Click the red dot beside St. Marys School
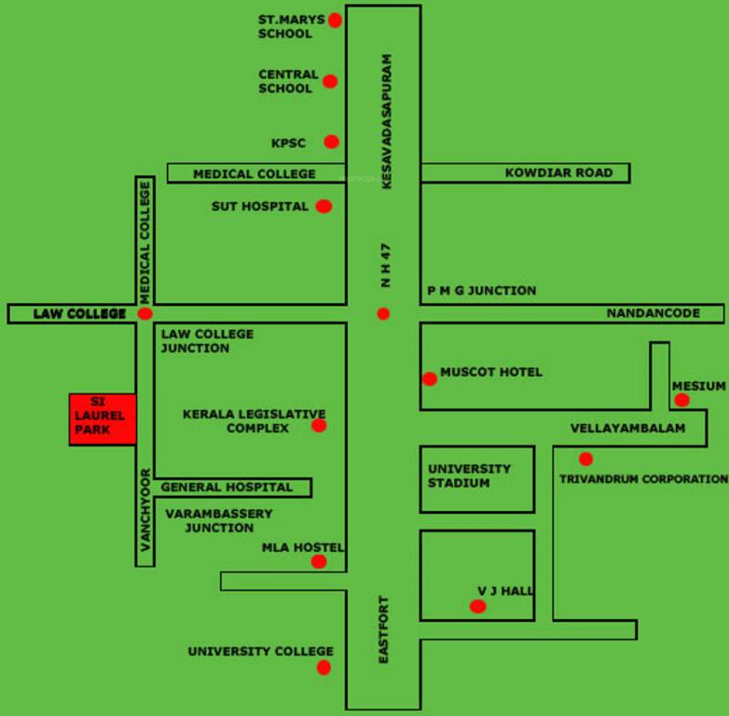[336, 20]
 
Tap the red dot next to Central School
[330, 81]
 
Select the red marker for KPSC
[332, 142]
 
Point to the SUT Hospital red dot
[323, 206]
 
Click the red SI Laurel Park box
[103, 420]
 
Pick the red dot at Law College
[144, 314]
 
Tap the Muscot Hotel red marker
[429, 379]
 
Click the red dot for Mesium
[681, 400]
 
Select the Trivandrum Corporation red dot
[585, 459]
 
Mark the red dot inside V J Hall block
[478, 606]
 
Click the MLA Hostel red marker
[319, 561]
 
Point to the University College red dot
[323, 667]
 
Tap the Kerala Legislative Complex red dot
[319, 426]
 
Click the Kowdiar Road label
[558, 172]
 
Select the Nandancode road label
[653, 313]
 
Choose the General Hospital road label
[227, 487]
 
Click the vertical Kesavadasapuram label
[387, 122]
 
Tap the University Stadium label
[469, 475]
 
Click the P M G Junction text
[481, 290]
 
